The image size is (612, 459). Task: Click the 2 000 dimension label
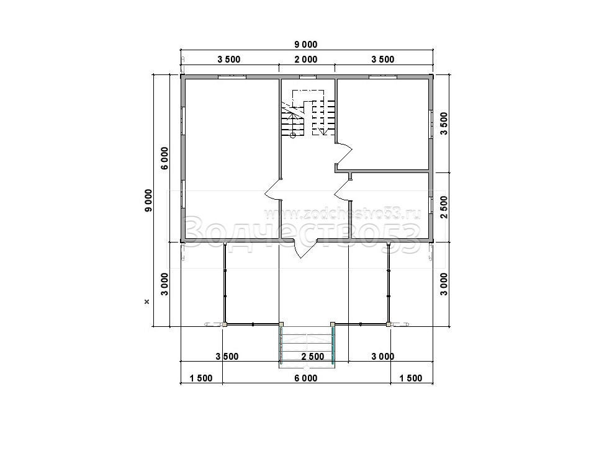[305, 60]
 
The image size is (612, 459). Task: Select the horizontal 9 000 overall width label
[305, 45]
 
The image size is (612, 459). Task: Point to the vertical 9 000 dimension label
[148, 201]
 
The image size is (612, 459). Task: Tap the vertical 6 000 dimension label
[164, 158]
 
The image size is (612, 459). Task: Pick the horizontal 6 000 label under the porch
[305, 378]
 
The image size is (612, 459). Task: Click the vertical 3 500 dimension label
[444, 123]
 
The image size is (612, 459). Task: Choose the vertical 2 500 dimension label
[444, 207]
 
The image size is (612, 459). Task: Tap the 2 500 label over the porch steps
[313, 357]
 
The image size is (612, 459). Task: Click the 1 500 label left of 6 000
[201, 378]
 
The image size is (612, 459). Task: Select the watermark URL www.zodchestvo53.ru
[342, 214]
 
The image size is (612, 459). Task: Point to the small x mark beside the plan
[146, 301]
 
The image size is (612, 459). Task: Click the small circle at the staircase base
[293, 135]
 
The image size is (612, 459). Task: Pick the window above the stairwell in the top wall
[308, 76]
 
